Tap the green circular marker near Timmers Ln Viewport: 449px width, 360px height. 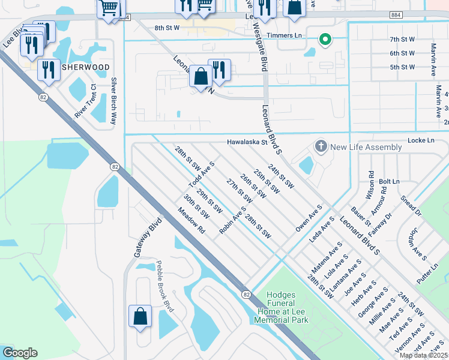coord(325,40)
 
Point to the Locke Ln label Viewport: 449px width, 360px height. coord(421,140)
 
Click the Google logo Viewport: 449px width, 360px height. coord(20,353)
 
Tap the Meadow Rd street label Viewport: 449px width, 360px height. coord(191,221)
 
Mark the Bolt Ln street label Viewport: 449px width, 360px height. coord(389,181)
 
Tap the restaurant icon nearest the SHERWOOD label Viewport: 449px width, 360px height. coord(48,69)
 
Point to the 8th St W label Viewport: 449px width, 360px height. coord(167,28)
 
